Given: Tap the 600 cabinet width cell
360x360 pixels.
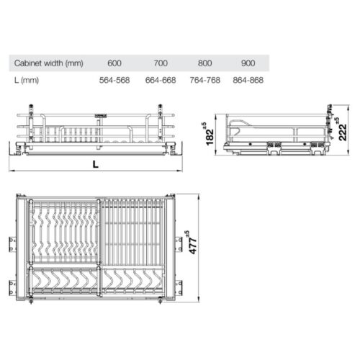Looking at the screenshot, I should tap(115, 63).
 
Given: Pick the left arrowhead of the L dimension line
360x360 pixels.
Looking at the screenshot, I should tap(12, 171).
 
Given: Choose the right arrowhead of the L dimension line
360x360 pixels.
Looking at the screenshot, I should tap(180, 171).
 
